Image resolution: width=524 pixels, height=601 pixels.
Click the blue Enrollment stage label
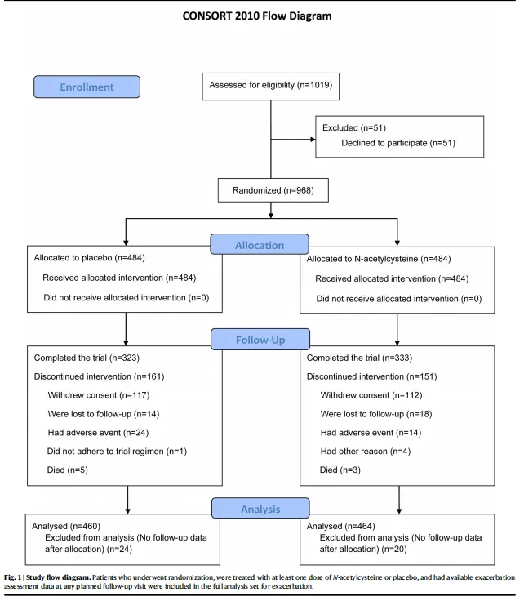[x=87, y=87]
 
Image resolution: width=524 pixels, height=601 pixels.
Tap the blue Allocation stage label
[x=260, y=244]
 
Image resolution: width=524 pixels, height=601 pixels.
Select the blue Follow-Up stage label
[x=260, y=339]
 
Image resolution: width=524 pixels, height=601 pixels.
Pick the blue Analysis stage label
[x=260, y=508]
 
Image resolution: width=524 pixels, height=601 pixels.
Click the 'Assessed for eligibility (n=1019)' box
[x=271, y=87]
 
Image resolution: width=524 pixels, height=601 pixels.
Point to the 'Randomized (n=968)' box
[x=273, y=190]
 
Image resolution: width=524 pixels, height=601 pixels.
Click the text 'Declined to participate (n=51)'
[x=398, y=143]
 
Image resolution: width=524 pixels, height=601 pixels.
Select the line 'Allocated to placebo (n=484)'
[x=89, y=258]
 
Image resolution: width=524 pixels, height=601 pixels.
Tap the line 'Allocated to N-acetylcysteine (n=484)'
[x=379, y=259]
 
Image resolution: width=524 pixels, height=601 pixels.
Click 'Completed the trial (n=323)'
[x=87, y=358]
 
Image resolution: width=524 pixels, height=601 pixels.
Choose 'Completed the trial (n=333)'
[x=359, y=358]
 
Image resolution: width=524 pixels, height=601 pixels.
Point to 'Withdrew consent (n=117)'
[x=99, y=395]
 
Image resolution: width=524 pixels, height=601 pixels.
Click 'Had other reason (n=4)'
[x=366, y=452]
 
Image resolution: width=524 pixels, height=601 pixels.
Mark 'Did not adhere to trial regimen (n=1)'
[x=117, y=452]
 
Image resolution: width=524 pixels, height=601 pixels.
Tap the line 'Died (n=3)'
[x=340, y=470]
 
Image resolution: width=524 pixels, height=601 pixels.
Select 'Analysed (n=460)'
[x=66, y=526]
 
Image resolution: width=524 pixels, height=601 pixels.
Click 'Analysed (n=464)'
[x=340, y=526]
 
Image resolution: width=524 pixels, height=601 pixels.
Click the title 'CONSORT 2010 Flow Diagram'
[x=257, y=16]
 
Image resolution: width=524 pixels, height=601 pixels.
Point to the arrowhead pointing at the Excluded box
[x=313, y=140]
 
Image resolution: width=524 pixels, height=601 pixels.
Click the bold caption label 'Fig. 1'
[x=12, y=577]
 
